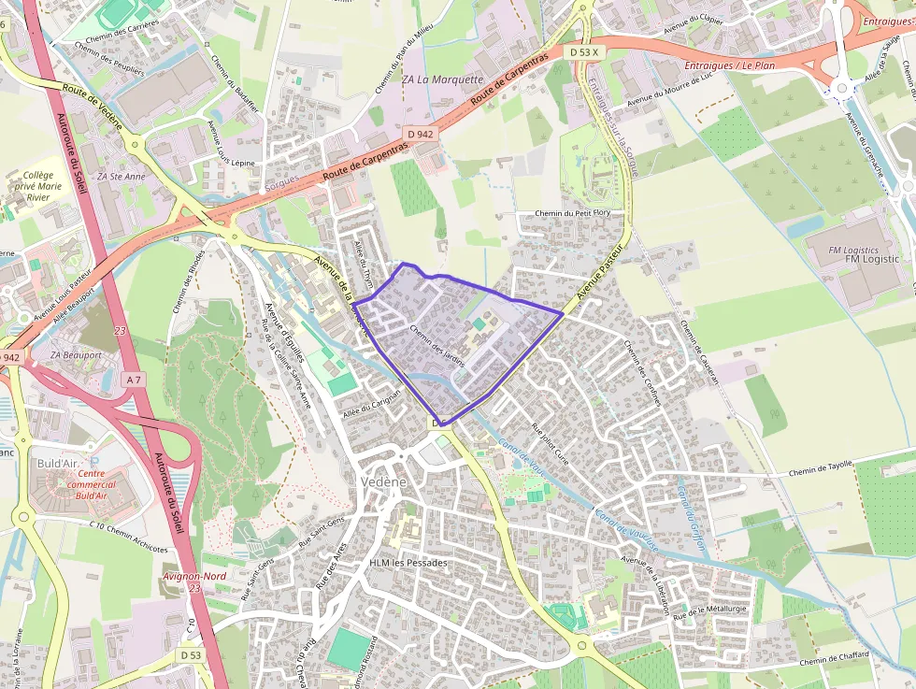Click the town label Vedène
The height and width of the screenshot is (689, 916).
pyautogui.click(x=382, y=481)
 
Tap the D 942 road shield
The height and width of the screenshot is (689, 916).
pyautogui.click(x=422, y=134)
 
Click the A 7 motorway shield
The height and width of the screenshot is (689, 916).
pyautogui.click(x=135, y=379)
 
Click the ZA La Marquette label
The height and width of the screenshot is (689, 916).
pyautogui.click(x=443, y=79)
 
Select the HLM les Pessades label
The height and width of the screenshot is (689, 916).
pyautogui.click(x=408, y=563)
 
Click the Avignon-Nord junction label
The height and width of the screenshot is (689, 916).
pyautogui.click(x=193, y=576)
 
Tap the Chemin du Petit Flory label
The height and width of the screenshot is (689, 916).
pyautogui.click(x=573, y=214)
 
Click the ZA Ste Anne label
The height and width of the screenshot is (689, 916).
pyautogui.click(x=128, y=176)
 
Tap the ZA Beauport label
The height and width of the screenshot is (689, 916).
pyautogui.click(x=77, y=356)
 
